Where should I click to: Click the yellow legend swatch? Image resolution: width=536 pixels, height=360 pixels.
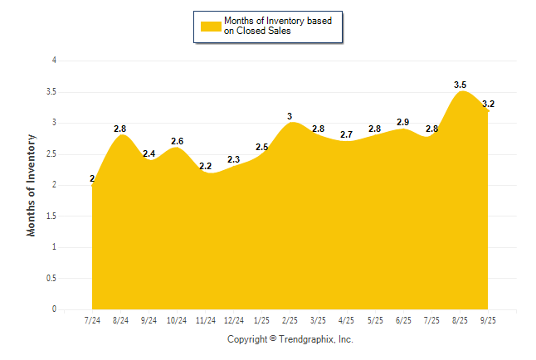pyautogui.click(x=211, y=27)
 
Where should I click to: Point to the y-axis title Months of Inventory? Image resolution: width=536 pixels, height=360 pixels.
pyautogui.click(x=32, y=185)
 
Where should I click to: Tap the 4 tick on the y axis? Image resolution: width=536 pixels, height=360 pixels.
pyautogui.click(x=54, y=61)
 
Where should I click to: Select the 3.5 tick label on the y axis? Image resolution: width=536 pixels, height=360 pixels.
pyautogui.click(x=51, y=92)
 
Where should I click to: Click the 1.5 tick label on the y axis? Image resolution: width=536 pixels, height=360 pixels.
pyautogui.click(x=51, y=216)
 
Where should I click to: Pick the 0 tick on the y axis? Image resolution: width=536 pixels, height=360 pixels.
pyautogui.click(x=54, y=309)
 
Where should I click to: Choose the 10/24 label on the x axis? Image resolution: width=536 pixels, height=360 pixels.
pyautogui.click(x=177, y=321)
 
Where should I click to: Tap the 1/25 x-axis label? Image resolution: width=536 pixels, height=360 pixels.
pyautogui.click(x=262, y=321)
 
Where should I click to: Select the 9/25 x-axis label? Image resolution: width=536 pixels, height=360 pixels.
pyautogui.click(x=488, y=321)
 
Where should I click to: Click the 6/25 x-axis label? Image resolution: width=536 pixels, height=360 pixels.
pyautogui.click(x=403, y=321)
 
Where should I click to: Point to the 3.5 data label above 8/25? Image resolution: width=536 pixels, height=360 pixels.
pyautogui.click(x=460, y=85)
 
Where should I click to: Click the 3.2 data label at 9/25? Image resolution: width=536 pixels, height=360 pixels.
pyautogui.click(x=488, y=104)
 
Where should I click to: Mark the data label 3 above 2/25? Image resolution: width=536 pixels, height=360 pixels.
pyautogui.click(x=290, y=116)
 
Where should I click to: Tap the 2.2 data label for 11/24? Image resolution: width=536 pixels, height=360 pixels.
pyautogui.click(x=206, y=166)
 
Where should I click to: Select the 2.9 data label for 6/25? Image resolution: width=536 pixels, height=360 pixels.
pyautogui.click(x=403, y=122)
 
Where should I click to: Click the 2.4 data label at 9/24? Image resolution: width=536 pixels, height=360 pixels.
pyautogui.click(x=149, y=153)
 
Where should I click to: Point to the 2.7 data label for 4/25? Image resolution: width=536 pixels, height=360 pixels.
pyautogui.click(x=347, y=134)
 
